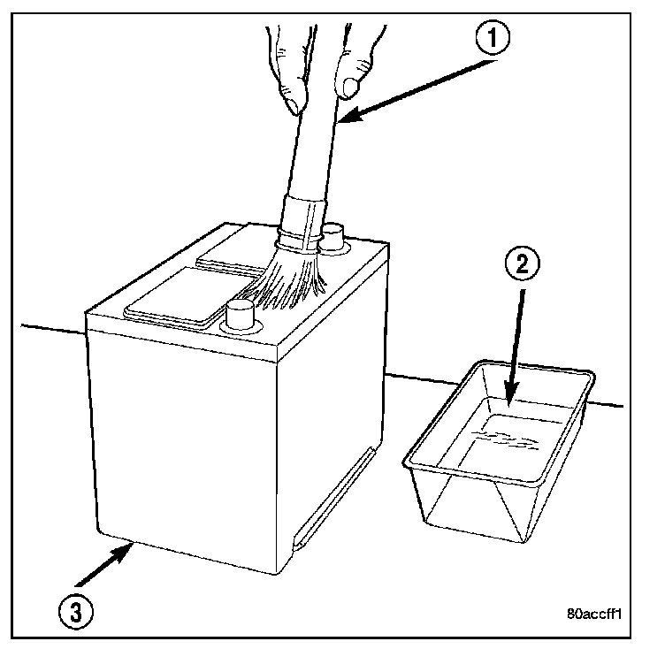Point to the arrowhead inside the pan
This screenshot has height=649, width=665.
coord(511,396)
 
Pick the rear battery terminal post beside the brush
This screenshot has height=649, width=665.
coord(333,237)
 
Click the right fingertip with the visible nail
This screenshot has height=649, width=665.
coord(350,86)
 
